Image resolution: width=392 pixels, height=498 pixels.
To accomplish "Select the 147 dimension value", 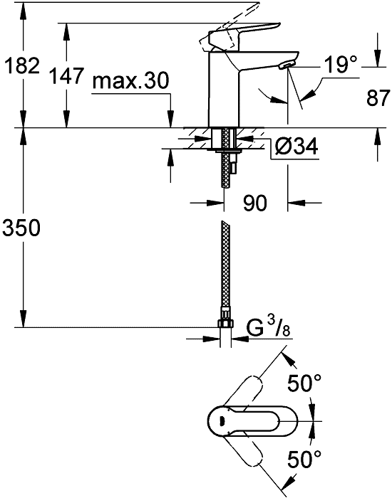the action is (x=67, y=76).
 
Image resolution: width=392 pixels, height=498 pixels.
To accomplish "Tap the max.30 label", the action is (x=130, y=80).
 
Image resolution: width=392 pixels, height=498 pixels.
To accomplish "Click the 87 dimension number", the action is (x=378, y=98).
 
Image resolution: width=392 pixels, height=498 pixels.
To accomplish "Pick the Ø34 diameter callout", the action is (x=296, y=147).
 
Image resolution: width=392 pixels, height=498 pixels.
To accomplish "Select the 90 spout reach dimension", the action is (x=255, y=203).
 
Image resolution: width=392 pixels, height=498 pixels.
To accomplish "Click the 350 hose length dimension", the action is (x=21, y=228).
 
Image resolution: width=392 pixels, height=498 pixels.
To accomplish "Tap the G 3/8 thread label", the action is (x=268, y=329).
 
